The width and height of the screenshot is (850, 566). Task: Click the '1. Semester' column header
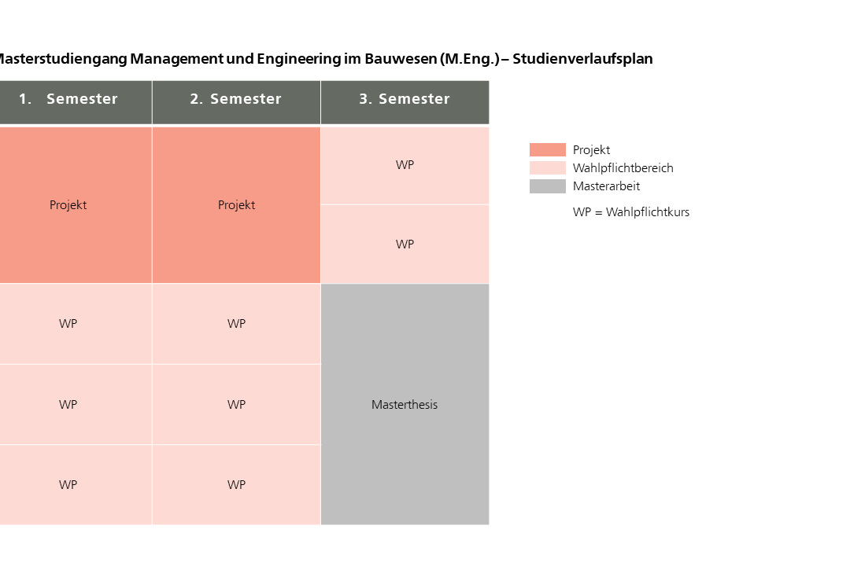click(68, 99)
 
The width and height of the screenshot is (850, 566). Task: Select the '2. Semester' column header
click(236, 99)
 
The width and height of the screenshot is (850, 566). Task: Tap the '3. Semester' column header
click(405, 99)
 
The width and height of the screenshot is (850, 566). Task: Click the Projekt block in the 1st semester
click(68, 204)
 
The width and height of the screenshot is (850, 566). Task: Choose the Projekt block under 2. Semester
click(236, 204)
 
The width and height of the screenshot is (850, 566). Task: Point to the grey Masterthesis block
click(405, 404)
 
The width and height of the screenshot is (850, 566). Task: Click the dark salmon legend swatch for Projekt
click(547, 150)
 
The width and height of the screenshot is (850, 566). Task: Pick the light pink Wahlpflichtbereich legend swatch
click(547, 168)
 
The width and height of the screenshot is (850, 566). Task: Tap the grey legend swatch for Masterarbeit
click(547, 186)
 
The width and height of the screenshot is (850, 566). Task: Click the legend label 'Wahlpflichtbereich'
click(623, 168)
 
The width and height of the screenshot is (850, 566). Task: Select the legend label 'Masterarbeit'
click(606, 186)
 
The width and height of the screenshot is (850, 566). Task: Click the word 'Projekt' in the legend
click(591, 150)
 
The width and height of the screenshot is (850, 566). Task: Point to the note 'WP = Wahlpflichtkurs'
click(630, 212)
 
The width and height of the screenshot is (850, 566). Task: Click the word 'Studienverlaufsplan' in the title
click(582, 59)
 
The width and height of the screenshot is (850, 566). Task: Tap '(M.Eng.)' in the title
click(470, 59)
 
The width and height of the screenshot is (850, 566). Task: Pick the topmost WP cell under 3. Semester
click(405, 165)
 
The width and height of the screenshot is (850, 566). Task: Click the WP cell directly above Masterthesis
click(405, 244)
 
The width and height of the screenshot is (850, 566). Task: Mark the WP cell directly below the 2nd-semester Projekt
click(236, 324)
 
